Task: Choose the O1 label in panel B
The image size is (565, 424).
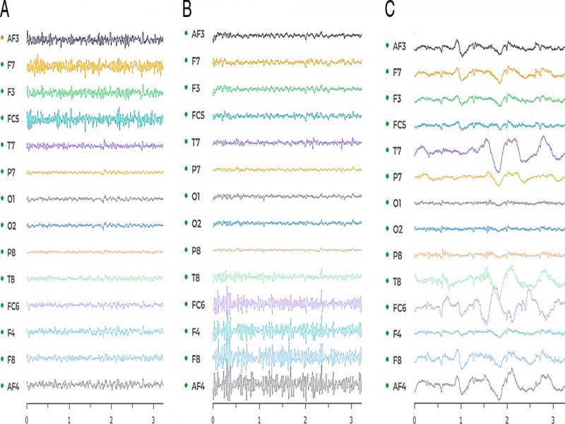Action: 197,195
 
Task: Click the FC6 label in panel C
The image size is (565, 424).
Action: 401,308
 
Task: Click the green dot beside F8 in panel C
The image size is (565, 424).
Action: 388,360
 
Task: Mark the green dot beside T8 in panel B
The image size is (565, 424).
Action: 186,276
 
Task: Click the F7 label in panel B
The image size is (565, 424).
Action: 196,61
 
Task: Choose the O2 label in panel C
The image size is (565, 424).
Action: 400,230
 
